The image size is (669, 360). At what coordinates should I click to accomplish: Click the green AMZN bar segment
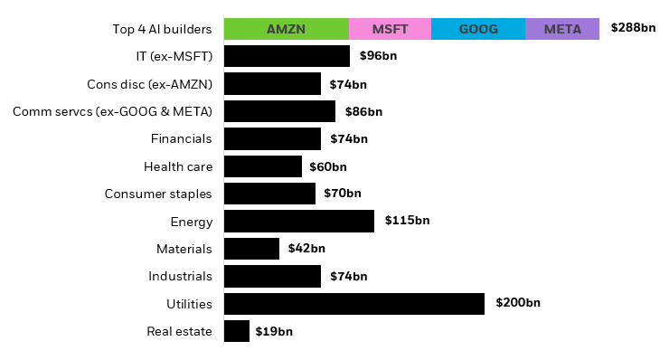286,29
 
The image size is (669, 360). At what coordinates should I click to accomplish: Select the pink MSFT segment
390,29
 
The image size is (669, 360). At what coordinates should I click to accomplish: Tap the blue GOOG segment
478,29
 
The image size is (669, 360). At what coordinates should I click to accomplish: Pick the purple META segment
562,29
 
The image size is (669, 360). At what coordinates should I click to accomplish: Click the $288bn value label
633,28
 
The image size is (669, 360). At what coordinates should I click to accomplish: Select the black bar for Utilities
354,303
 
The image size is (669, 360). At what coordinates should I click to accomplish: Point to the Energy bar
299,222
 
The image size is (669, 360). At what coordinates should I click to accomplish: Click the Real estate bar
237,331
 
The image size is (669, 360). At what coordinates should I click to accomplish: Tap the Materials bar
251,249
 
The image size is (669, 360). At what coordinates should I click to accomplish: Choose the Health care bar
263,166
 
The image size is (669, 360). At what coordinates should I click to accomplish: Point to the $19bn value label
274,331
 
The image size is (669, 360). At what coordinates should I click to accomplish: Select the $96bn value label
378,56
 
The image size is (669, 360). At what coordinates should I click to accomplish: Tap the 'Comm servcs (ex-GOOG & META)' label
112,111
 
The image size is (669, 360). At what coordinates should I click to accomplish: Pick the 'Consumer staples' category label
158,194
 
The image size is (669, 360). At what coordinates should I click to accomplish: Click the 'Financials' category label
181,138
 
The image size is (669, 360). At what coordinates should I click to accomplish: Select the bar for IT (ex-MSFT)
287,56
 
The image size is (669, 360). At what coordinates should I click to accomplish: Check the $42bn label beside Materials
306,249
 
